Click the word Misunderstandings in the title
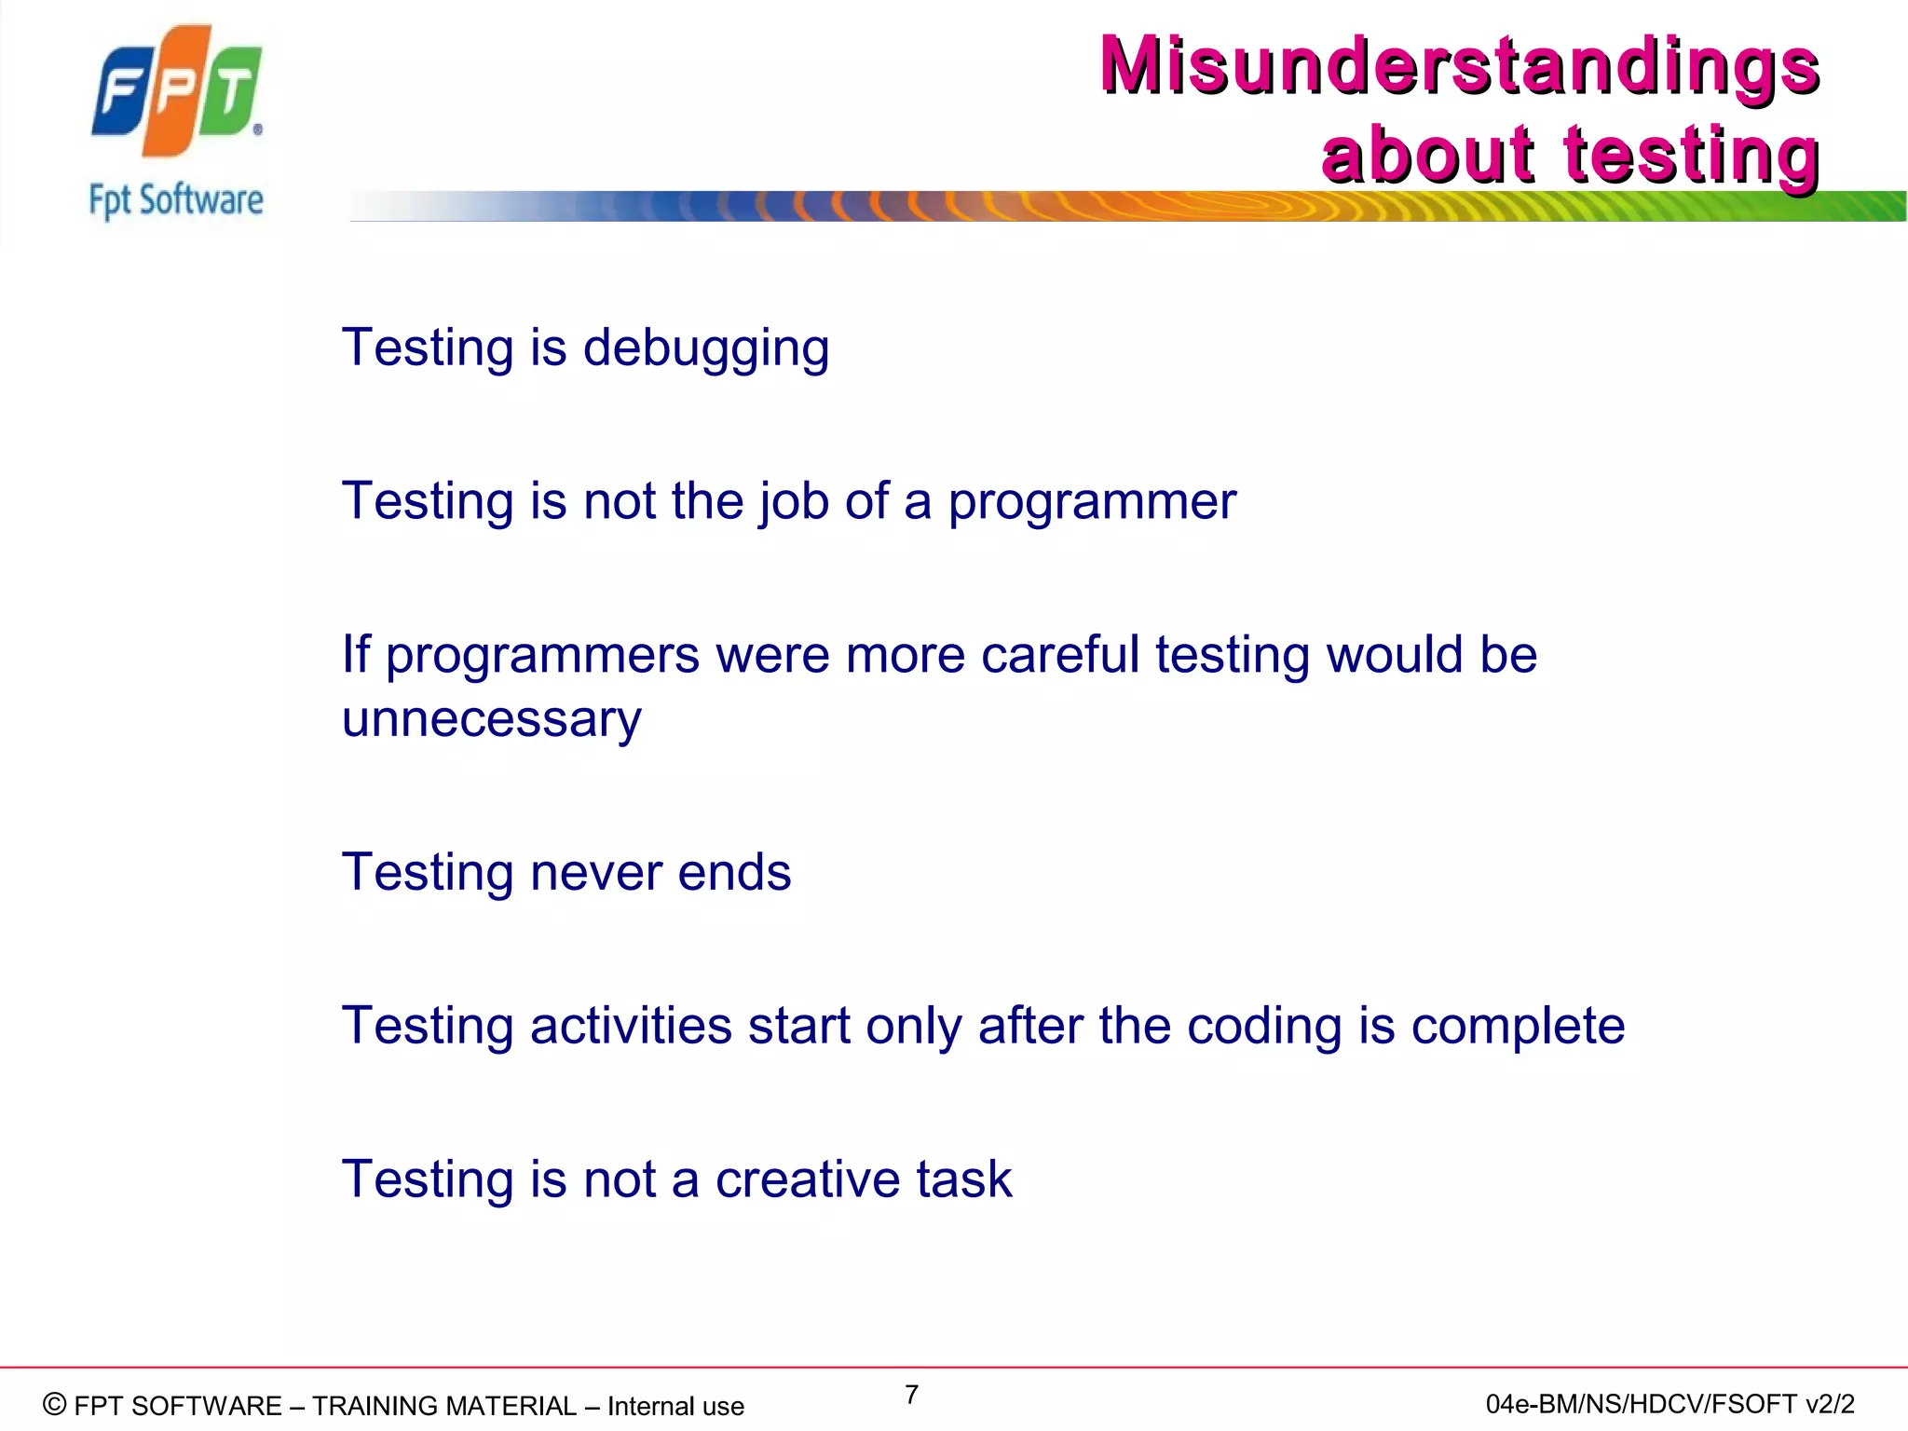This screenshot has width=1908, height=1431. pyautogui.click(x=1459, y=65)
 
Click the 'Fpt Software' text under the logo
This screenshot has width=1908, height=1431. pyautogui.click(x=176, y=200)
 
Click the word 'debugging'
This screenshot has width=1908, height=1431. pyautogui.click(x=705, y=349)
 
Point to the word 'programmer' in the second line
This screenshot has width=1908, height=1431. pyautogui.click(x=1092, y=503)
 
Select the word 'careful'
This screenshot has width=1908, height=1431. pyautogui.click(x=1060, y=655)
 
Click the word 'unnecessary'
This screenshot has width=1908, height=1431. pyautogui.click(x=491, y=719)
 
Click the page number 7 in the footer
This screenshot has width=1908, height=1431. pyautogui.click(x=911, y=1395)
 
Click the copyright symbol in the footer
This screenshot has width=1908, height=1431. pyautogui.click(x=55, y=1404)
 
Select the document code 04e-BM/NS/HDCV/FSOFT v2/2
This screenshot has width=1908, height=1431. pyautogui.click(x=1669, y=1404)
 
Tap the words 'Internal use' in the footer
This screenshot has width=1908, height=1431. pyautogui.click(x=675, y=1406)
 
